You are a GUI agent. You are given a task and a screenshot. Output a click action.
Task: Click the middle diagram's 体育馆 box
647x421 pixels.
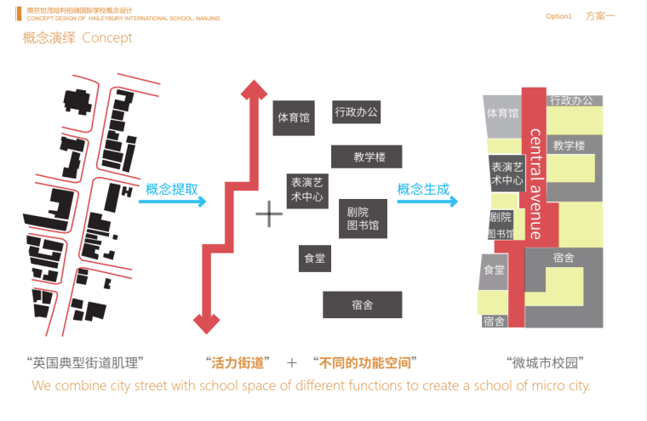point(294,118)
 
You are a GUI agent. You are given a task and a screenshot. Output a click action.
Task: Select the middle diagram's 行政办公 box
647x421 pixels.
point(356,111)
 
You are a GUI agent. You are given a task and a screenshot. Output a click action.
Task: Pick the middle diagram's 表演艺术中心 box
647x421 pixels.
point(306,189)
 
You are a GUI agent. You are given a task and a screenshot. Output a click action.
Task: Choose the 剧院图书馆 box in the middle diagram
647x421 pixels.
point(363,219)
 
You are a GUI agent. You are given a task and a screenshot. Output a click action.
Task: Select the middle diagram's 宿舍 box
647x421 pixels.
point(362,304)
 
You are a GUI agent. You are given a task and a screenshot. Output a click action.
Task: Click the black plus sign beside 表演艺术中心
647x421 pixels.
point(269,214)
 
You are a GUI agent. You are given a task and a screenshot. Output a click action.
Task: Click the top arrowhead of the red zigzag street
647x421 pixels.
point(252,88)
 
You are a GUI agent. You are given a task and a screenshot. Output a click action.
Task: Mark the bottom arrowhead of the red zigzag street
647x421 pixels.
point(206,323)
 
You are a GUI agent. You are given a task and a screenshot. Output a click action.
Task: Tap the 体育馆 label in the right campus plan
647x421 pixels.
point(502,113)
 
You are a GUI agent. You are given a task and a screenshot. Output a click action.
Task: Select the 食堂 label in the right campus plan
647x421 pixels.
point(495,270)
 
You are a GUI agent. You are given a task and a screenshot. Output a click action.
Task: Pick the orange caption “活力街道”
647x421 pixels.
point(238,362)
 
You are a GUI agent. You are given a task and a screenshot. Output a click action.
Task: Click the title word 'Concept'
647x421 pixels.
point(107,37)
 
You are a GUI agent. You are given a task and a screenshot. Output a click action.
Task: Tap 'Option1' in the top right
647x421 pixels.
point(559,16)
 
